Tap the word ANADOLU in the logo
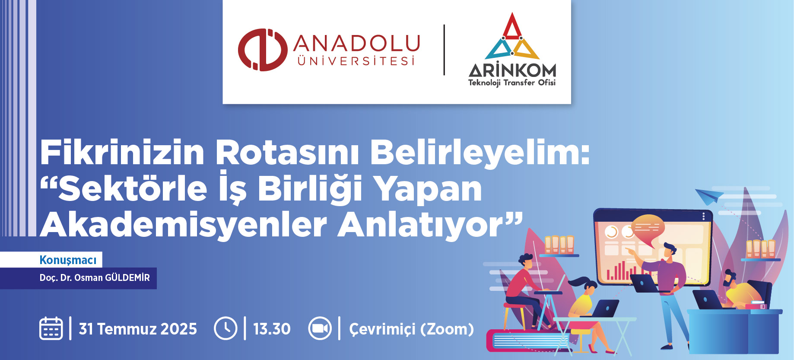(x=357, y=43)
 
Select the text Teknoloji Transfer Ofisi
(x=512, y=83)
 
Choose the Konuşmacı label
(x=68, y=260)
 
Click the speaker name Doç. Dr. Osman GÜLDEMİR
(x=95, y=277)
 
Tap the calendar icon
(x=51, y=328)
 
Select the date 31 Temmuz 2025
(x=138, y=329)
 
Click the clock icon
(x=225, y=328)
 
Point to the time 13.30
(x=272, y=329)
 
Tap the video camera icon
(x=320, y=328)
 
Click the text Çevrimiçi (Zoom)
(x=411, y=329)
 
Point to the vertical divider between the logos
(x=444, y=50)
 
